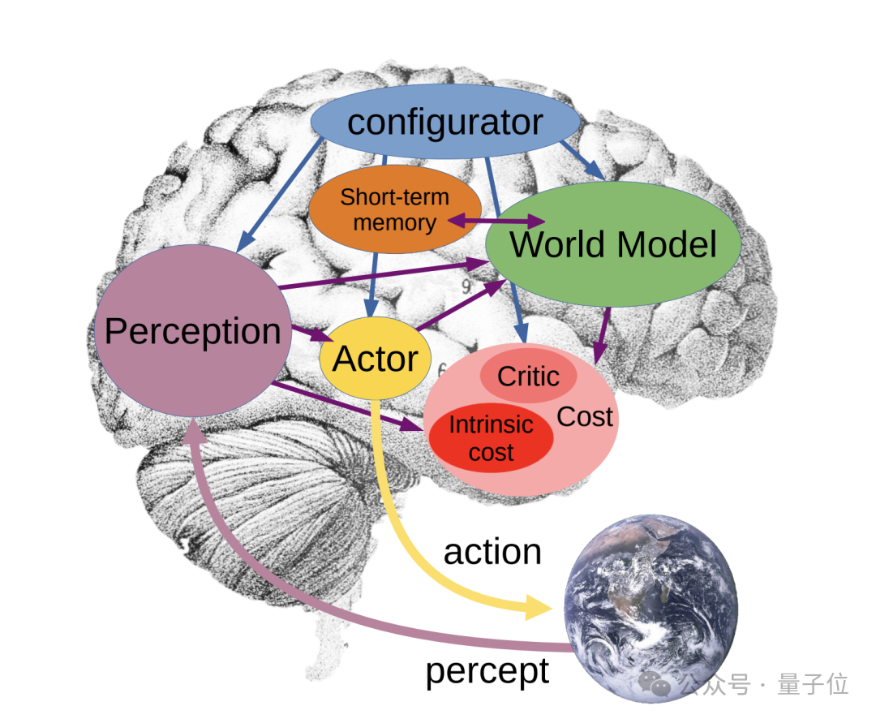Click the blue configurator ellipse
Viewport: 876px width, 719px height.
(445, 122)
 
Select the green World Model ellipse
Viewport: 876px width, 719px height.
(613, 244)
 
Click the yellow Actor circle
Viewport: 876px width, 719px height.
(375, 359)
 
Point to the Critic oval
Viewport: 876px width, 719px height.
(528, 377)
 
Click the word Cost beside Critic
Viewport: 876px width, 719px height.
(585, 417)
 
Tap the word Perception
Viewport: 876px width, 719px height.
(192, 331)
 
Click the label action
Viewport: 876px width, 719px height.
(492, 552)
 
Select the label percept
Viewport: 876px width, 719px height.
(487, 671)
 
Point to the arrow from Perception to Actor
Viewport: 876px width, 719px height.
(310, 333)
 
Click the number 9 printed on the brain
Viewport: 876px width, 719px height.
(466, 286)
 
